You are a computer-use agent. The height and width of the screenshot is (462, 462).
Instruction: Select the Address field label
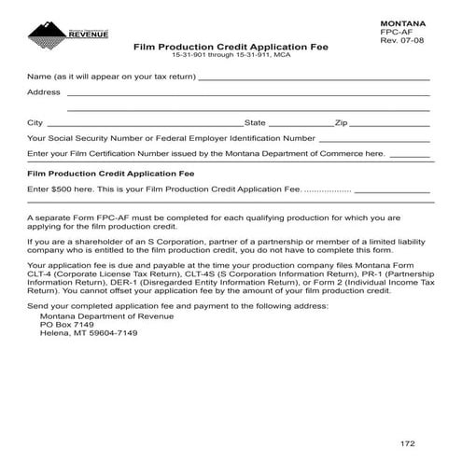click(44, 92)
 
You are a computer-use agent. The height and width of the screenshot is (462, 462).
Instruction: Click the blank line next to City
click(144, 124)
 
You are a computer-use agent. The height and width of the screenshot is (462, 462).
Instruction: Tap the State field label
click(255, 122)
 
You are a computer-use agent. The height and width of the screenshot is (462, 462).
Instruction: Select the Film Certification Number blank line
click(409, 155)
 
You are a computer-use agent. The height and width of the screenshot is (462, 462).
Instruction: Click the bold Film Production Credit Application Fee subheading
click(110, 174)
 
